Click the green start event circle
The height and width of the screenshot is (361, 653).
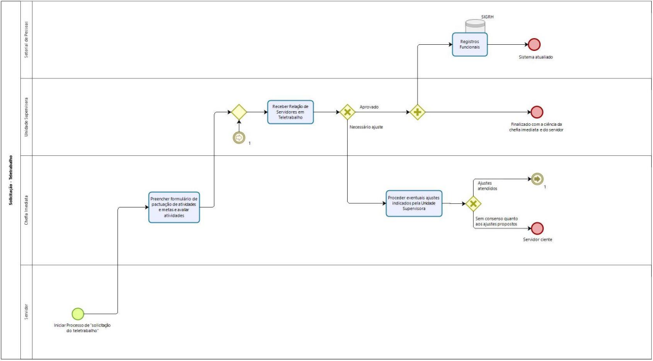[x=77, y=313]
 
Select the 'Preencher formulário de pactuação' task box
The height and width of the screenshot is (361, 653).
[x=174, y=207]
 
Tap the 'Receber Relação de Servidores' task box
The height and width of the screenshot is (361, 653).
[x=291, y=112]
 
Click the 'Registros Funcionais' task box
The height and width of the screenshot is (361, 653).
[x=469, y=44]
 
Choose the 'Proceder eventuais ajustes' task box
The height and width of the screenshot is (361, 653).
[x=414, y=203]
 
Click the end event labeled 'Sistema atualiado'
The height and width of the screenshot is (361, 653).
[x=534, y=44]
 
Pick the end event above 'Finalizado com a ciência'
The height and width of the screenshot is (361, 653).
[x=536, y=112]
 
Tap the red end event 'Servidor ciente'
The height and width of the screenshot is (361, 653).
[x=537, y=228]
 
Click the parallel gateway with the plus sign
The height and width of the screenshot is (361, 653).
[x=418, y=112]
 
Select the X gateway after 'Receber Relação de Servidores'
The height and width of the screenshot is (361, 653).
[x=347, y=112]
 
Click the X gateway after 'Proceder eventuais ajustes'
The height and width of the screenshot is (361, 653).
[x=474, y=204]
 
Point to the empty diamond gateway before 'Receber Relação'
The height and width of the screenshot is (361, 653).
[x=238, y=112]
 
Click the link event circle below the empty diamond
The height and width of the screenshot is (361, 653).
[x=239, y=138]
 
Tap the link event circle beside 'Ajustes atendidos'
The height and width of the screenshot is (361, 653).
[x=537, y=179]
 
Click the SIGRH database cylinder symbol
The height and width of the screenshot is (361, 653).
[x=475, y=25]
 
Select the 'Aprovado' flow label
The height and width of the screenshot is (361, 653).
[x=369, y=107]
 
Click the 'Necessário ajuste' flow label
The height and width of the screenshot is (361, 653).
[x=366, y=127]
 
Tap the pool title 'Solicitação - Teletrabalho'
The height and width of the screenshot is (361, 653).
[x=10, y=180]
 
